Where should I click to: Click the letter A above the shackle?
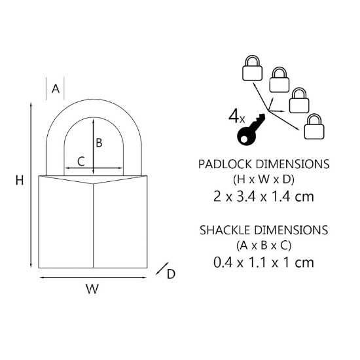tap(56, 88)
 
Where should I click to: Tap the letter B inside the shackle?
tap(99, 143)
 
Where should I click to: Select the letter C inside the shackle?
tap(81, 162)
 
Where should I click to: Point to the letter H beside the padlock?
tap(20, 180)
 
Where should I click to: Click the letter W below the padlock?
tap(92, 289)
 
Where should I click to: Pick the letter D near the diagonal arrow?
tap(171, 274)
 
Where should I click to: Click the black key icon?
tap(251, 130)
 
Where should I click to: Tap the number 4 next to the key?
tap(234, 117)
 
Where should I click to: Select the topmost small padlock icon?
tap(252, 68)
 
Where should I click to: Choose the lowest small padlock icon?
tap(314, 126)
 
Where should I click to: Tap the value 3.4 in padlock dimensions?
tap(246, 197)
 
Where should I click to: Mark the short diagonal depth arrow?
tap(162, 268)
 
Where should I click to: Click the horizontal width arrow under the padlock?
tap(93, 278)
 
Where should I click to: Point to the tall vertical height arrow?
tap(31, 185)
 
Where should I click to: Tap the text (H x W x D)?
tap(264, 179)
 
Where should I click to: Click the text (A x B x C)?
tap(264, 246)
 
